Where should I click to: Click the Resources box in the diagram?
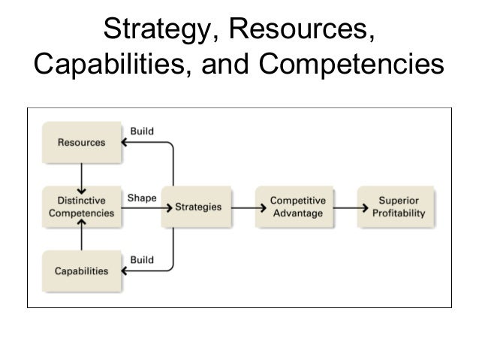click(82, 143)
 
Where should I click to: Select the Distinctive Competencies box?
click(82, 207)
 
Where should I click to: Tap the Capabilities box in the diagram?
click(82, 271)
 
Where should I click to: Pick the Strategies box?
click(200, 207)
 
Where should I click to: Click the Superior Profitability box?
click(399, 207)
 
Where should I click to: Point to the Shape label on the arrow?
click(142, 198)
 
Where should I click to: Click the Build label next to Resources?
click(142, 131)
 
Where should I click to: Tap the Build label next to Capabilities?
click(142, 259)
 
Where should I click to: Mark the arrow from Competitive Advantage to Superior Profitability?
click(345, 207)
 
